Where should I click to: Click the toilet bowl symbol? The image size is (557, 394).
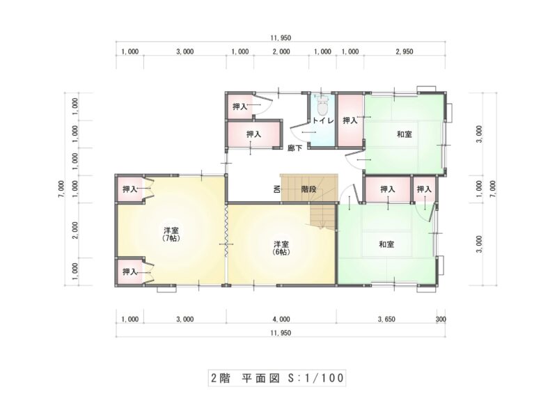point(322,106)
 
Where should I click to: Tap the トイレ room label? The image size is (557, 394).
point(323,121)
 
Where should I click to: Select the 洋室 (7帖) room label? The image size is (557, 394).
point(171,234)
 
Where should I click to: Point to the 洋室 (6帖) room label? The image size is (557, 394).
point(281,248)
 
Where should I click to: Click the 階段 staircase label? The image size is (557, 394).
point(308,189)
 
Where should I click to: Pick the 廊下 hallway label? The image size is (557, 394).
point(295,148)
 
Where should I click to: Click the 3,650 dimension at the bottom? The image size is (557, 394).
point(386,320)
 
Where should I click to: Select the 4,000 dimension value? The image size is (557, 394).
point(281,320)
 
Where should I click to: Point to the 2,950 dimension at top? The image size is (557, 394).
point(405,52)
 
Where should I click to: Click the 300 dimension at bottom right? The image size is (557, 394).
point(441,320)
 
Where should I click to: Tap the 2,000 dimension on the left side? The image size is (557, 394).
point(75,230)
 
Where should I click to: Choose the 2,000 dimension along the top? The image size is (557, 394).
point(281,52)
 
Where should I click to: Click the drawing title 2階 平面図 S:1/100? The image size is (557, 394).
point(277,378)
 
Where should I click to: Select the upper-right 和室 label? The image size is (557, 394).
point(405,134)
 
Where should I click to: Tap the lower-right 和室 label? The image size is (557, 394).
point(386,244)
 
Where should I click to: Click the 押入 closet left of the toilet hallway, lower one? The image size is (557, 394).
point(253,134)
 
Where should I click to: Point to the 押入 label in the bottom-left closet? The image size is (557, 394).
point(130,271)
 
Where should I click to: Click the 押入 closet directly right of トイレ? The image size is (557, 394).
point(350,120)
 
